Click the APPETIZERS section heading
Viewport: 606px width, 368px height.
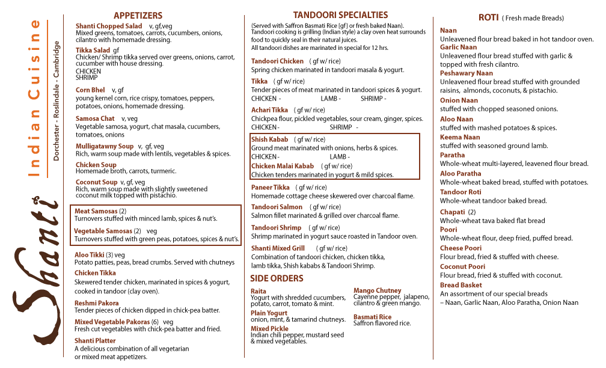point(138,16)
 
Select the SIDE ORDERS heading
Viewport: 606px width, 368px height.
point(277,278)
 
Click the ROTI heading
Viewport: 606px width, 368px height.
point(488,17)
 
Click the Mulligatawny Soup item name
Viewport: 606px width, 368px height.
point(105,146)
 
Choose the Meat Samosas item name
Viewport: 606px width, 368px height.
point(96,211)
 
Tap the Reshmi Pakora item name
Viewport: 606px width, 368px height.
point(97,303)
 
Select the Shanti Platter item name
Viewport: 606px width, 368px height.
point(95,341)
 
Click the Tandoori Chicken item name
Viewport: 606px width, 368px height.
point(277,61)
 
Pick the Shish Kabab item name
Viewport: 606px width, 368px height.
point(269,140)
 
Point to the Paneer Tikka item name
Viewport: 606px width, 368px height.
point(270,188)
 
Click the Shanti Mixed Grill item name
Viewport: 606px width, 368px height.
point(278,248)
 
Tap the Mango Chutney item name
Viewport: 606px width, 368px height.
point(377,290)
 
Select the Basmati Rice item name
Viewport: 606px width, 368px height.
point(372,317)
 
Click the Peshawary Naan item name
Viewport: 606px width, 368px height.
point(466,73)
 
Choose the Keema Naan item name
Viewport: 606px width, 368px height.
point(460,137)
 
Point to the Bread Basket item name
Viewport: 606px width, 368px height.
point(461,285)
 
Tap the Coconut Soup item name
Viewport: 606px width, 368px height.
point(96,182)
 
